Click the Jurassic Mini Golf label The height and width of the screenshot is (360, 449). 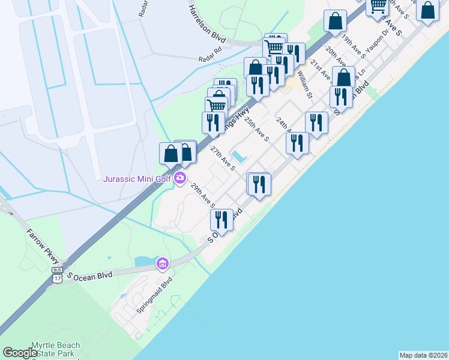[x=137, y=178]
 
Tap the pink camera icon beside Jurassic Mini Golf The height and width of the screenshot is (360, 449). [x=179, y=177]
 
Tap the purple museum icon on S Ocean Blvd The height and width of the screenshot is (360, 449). [x=162, y=263]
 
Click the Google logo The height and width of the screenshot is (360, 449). [x=21, y=353]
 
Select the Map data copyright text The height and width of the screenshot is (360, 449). [x=423, y=355]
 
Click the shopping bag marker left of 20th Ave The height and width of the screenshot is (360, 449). [x=335, y=21]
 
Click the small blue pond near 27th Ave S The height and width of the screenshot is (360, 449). [x=240, y=157]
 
